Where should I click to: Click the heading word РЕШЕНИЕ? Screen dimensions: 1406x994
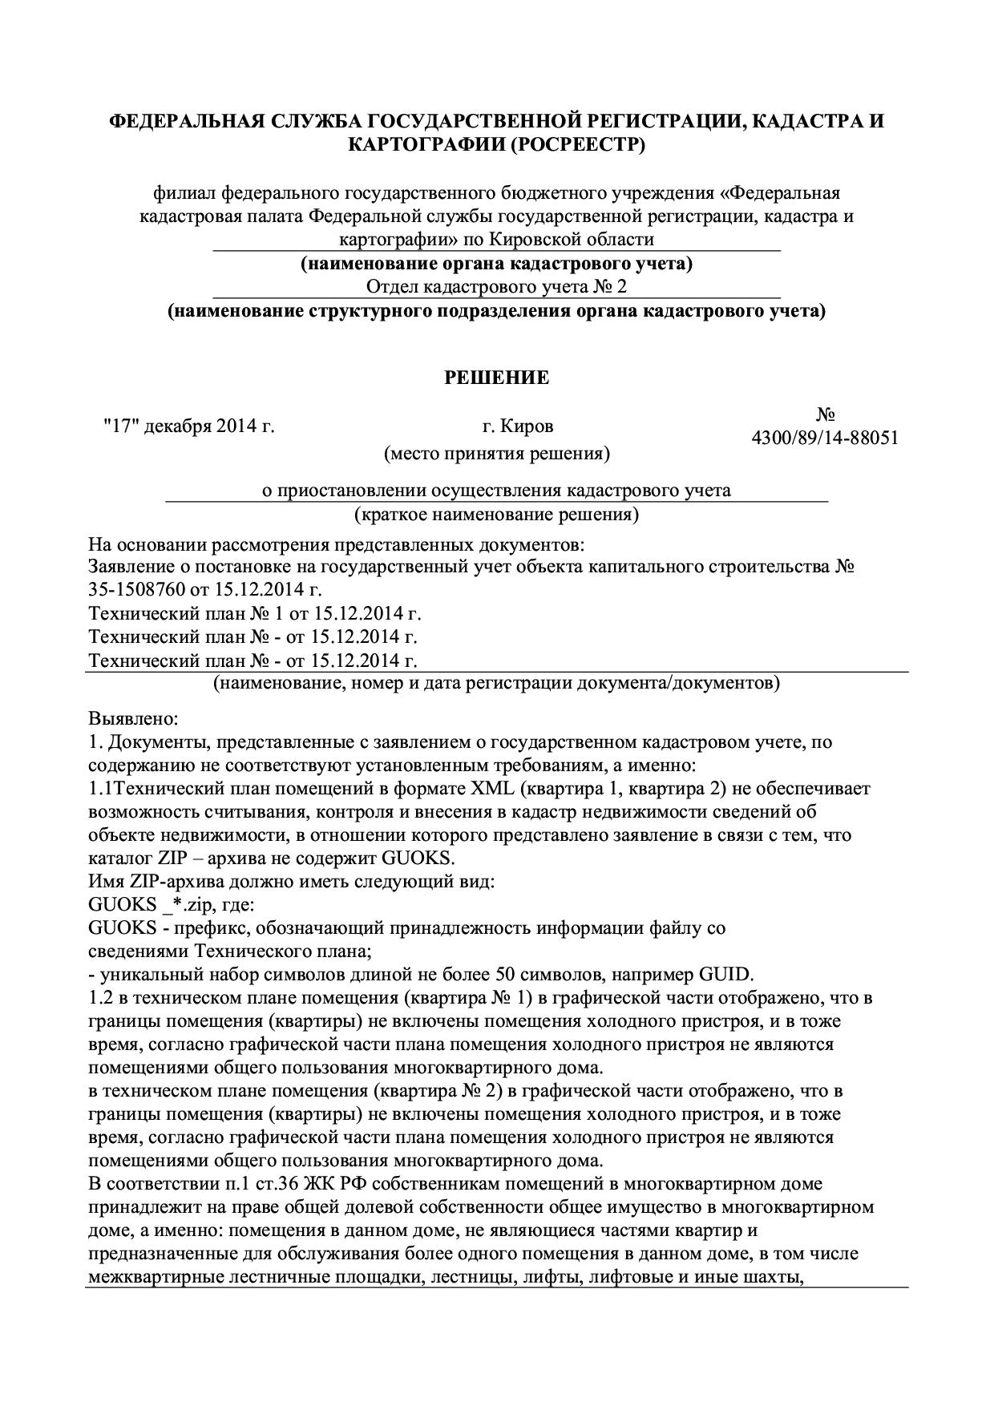click(x=497, y=378)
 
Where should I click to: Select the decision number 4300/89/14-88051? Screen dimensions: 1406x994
click(x=825, y=438)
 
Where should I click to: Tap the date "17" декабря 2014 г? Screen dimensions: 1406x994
click(x=189, y=426)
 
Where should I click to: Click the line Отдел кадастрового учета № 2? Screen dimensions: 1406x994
click(x=496, y=287)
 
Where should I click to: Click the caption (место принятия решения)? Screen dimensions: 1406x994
click(x=497, y=454)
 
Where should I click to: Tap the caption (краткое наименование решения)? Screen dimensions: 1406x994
click(x=497, y=514)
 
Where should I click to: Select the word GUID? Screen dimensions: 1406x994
click(x=726, y=975)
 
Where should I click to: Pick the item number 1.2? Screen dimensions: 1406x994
click(x=102, y=998)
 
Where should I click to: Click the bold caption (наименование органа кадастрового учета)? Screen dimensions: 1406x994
click(x=496, y=263)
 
